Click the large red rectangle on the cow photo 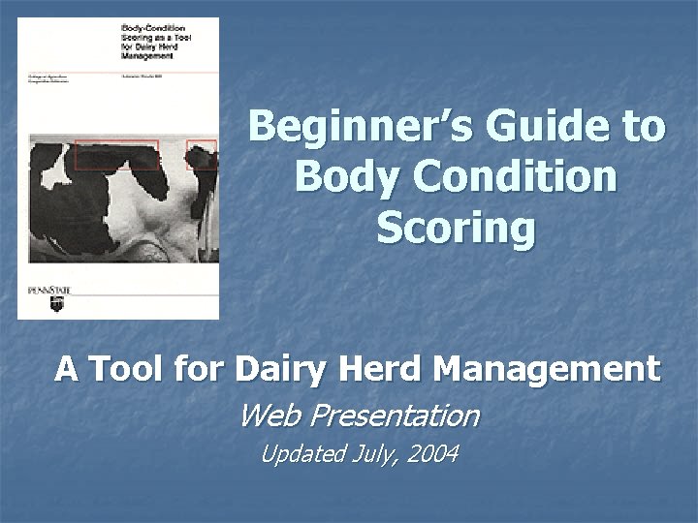coord(116,154)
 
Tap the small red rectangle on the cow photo coord(203,153)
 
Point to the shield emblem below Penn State coord(54,305)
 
